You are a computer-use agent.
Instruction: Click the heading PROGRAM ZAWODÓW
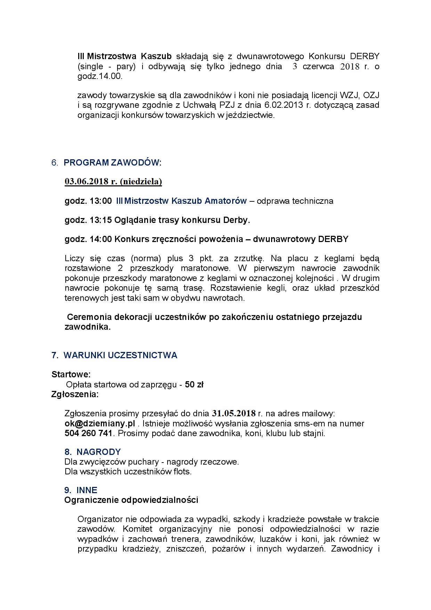click(113, 163)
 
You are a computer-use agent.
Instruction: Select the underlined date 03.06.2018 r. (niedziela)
click(113, 182)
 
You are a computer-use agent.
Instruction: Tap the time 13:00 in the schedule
click(103, 201)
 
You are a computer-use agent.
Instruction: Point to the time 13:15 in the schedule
click(103, 220)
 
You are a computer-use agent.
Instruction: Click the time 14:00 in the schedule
click(103, 239)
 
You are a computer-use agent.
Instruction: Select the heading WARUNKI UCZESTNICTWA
click(120, 355)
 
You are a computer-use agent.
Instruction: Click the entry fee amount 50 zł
click(194, 385)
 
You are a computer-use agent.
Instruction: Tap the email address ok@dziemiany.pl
click(100, 424)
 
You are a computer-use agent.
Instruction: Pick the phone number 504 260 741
click(88, 433)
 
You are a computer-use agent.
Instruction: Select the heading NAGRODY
click(98, 452)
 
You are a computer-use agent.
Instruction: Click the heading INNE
click(87, 490)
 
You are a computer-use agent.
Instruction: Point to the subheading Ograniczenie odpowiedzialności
click(131, 500)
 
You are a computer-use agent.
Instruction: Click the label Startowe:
click(71, 375)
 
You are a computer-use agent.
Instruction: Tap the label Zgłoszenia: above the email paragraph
click(75, 394)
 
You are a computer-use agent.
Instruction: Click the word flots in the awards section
click(182, 472)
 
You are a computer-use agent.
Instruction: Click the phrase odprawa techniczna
click(295, 201)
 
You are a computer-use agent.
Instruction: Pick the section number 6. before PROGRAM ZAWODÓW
click(55, 163)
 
